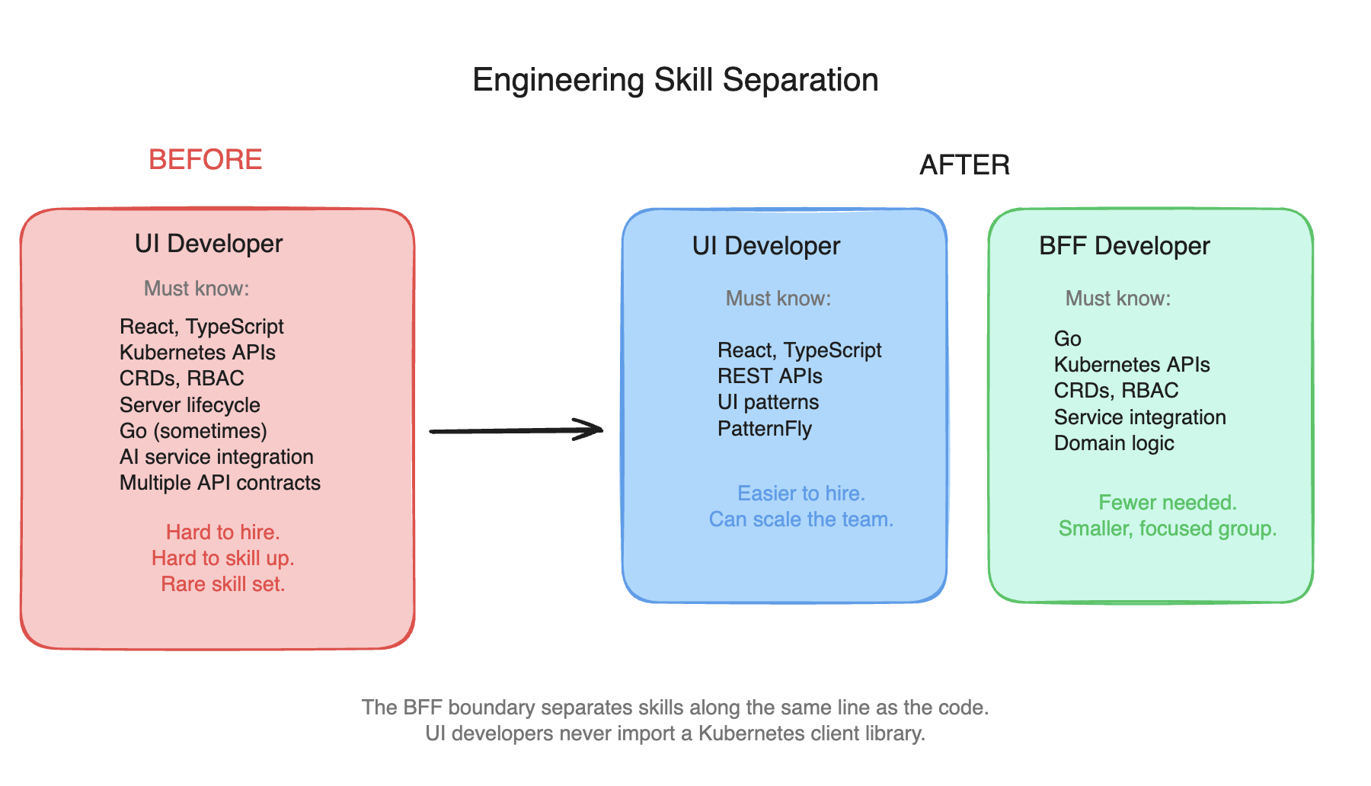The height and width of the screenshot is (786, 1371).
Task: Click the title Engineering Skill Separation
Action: coord(675,80)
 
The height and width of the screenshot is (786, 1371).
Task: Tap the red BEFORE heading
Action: coord(205,160)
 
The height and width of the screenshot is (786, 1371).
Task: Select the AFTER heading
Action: coord(964,165)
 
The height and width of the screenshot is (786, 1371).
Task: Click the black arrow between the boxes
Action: coord(516,430)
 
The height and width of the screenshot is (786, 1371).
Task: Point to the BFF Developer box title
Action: coord(1124,246)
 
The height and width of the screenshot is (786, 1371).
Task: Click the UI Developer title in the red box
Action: coord(209,244)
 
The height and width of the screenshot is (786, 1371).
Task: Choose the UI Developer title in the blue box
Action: coord(765,246)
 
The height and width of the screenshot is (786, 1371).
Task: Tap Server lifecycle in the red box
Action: coord(190,405)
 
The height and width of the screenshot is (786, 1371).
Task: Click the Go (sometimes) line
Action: coord(193,431)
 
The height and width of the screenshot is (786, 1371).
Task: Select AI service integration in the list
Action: coord(216,457)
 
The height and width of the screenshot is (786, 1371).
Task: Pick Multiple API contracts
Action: coord(220,483)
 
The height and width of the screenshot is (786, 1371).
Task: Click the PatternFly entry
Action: coord(765,429)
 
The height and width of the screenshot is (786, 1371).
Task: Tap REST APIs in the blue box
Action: coord(769,376)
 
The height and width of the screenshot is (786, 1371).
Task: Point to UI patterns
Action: coord(768,402)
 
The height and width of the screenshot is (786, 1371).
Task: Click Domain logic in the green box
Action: coord(1114,443)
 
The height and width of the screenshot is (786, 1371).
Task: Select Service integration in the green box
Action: coord(1139,417)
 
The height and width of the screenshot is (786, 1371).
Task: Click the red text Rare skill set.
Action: coord(222,584)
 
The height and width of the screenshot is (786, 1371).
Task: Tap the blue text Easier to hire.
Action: coord(801,494)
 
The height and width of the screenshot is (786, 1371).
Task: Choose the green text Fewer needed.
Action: coord(1167,503)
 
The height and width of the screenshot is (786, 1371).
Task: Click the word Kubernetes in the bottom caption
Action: coord(751,733)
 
